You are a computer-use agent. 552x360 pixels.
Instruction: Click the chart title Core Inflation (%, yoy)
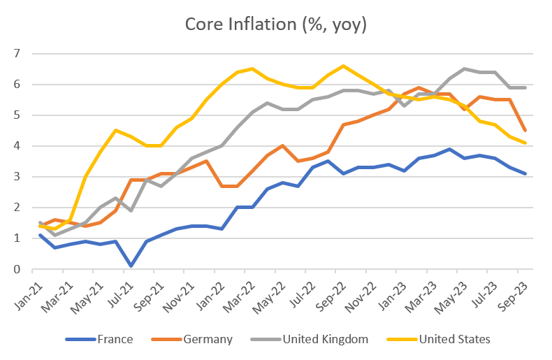(275, 24)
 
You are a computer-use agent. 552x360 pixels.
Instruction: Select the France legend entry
(112, 340)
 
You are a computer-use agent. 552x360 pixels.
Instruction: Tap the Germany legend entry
(208, 340)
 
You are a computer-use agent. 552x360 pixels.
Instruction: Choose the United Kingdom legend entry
(326, 340)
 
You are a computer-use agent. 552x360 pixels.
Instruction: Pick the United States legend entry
(454, 340)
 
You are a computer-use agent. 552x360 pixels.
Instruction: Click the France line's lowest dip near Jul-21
(131, 266)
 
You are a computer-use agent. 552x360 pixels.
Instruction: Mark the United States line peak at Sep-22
(343, 66)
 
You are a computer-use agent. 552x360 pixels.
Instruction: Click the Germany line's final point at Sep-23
(525, 131)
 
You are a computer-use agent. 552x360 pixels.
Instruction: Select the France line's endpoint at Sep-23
(525, 173)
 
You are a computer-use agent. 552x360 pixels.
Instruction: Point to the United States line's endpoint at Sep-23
(525, 143)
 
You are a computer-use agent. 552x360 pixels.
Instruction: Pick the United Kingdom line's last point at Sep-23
(525, 87)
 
